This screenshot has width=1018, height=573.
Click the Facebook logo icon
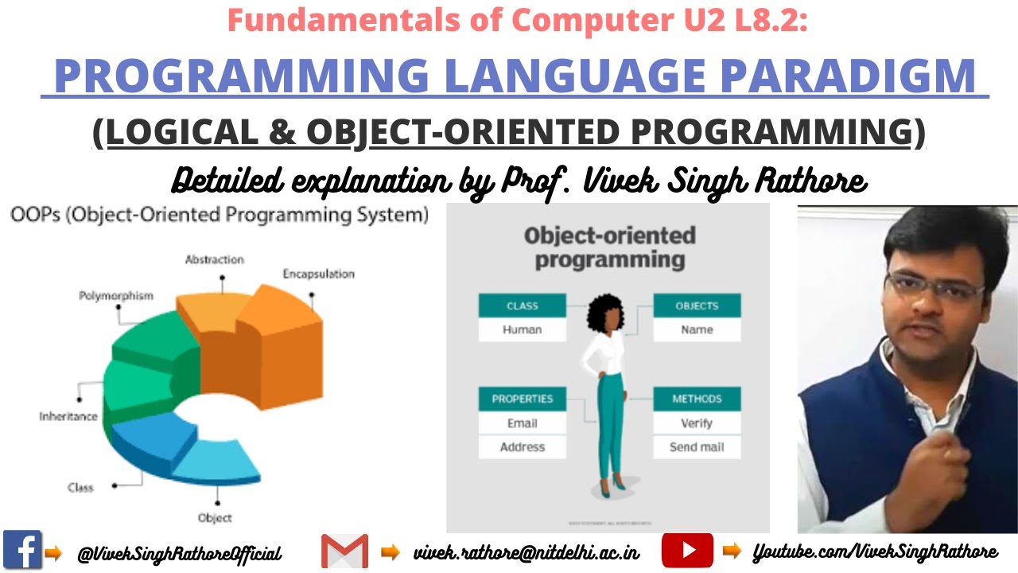22,549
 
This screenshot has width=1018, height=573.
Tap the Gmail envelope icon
344,551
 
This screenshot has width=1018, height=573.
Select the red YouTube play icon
687,550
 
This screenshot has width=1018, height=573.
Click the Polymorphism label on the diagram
115,296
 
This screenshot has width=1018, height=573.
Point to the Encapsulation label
318,274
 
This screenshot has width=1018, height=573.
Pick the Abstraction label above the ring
214,259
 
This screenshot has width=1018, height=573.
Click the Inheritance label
68,416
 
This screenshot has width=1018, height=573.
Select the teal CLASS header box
522,306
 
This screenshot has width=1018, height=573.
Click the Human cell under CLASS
522,329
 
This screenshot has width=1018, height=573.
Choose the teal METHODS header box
697,399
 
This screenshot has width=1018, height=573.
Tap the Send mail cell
697,447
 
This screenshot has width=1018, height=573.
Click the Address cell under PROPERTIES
522,447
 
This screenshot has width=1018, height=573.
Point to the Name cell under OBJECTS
697,329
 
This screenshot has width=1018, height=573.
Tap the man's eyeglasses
934,283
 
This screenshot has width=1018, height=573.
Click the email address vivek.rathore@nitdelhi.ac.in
526,552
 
